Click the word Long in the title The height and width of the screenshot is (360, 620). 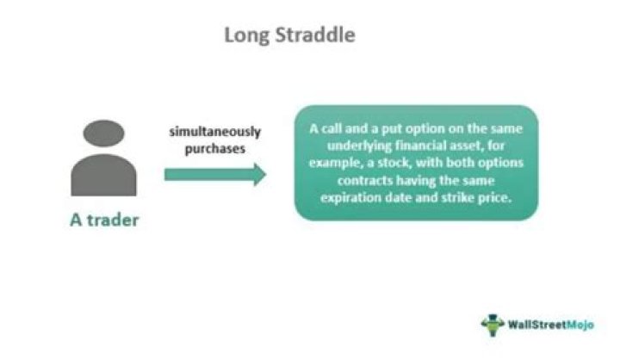click(247, 35)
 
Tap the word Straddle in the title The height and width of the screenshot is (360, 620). click(315, 34)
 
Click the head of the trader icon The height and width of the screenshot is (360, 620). click(103, 133)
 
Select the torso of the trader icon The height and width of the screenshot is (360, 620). click(103, 175)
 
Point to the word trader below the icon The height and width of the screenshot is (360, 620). click(113, 220)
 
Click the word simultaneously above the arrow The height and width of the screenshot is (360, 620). click(215, 132)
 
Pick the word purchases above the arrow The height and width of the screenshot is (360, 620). click(215, 149)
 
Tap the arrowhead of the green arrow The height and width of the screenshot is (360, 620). click(259, 175)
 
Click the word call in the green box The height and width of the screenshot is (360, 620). click(332, 128)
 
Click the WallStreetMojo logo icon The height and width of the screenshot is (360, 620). click(493, 325)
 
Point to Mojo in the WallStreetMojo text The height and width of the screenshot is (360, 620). click(580, 326)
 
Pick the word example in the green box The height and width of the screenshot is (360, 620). click(336, 164)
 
